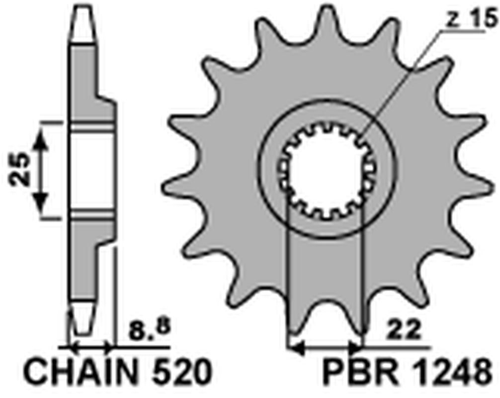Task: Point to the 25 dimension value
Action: [21, 171]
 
